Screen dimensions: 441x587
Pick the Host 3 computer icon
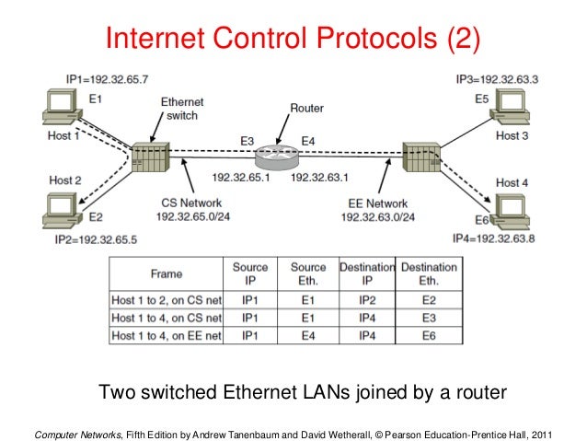coord(512,110)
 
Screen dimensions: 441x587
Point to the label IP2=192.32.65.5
coord(96,238)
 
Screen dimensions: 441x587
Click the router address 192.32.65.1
coord(241,177)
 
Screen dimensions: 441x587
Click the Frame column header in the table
coord(167,273)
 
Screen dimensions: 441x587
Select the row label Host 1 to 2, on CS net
coord(167,299)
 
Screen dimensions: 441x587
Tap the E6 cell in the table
coord(427,335)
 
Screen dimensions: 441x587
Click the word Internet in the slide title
coord(160,39)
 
